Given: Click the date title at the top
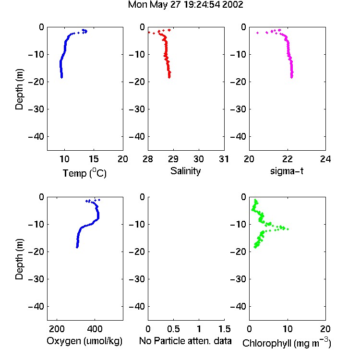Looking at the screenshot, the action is [185, 5].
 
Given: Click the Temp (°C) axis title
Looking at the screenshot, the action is [84, 173].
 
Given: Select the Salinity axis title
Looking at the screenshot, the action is [185, 171].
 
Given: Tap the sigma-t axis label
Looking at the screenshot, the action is [287, 171].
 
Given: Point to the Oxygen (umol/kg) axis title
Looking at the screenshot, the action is [84, 341].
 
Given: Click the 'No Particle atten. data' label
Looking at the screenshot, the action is [185, 341].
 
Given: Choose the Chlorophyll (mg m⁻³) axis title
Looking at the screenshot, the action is [287, 343].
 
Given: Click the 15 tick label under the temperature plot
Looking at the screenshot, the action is [94, 159].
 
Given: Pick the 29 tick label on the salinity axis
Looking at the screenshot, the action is [173, 159].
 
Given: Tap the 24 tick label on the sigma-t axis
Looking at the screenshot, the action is [325, 159].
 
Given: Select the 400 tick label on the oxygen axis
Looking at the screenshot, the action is [95, 329].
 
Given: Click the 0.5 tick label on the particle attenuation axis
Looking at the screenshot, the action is [173, 329].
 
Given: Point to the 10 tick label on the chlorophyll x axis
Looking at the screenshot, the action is [287, 329].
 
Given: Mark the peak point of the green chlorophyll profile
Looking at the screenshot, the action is [288, 229].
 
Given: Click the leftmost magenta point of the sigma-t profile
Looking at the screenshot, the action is [257, 33].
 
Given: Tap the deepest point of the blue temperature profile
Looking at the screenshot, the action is [62, 77].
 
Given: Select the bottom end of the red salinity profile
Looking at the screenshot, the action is [169, 77].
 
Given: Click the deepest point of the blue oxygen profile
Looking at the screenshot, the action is [77, 247].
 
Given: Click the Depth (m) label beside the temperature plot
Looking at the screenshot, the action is [19, 89].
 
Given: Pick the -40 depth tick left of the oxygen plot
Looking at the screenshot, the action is [36, 306].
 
